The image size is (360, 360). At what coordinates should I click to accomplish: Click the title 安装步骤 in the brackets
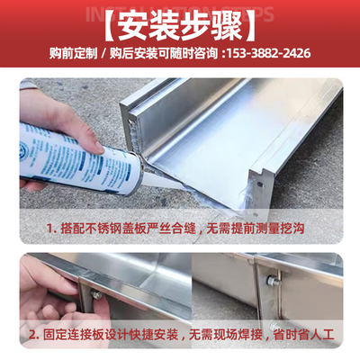click(x=180, y=23)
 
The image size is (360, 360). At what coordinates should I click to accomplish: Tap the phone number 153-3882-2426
click(x=269, y=53)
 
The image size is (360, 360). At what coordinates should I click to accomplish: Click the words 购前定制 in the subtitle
click(x=73, y=53)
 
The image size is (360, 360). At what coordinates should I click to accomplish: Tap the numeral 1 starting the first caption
click(x=51, y=229)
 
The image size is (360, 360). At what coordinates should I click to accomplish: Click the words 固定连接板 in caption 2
click(x=65, y=335)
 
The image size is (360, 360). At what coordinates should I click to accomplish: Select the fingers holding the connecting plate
click(x=40, y=288)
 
